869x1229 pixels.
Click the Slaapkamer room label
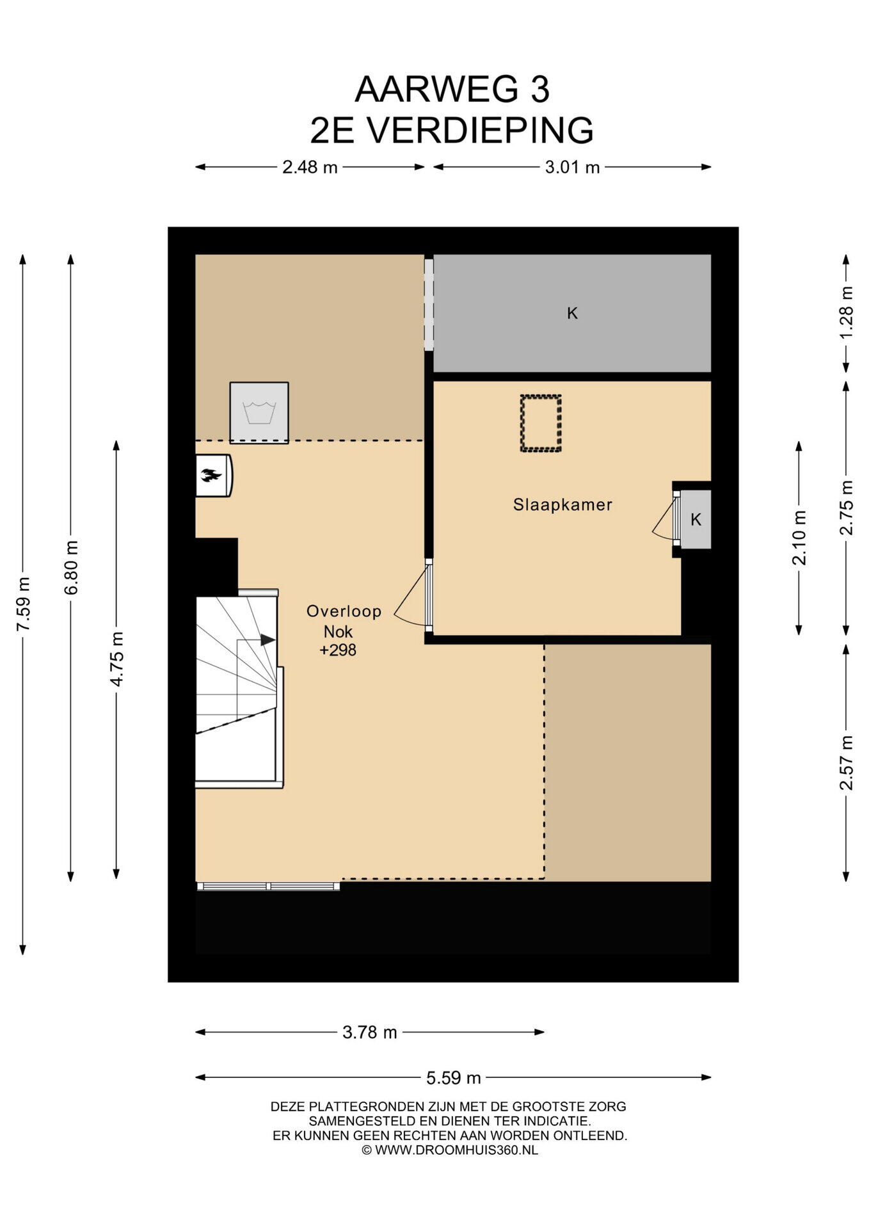coord(562,504)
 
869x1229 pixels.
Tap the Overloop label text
coord(344,611)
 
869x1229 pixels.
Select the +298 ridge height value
coord(338,650)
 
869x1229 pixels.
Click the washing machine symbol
coord(259,412)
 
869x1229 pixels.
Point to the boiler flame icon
coord(211,475)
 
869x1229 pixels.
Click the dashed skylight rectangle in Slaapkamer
coord(541,424)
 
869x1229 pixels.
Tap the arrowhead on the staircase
coord(267,639)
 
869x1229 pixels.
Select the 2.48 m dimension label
coord(310,167)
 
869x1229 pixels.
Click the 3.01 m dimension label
coord(572,167)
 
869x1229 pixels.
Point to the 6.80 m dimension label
coord(71,567)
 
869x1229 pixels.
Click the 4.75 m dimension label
coord(116,659)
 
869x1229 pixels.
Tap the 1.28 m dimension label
coord(846,313)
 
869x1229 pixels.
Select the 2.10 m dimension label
coord(799,538)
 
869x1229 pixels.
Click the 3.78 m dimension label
coord(370,1032)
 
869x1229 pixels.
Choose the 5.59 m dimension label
coord(454,1078)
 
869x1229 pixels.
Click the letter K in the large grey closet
coord(572,313)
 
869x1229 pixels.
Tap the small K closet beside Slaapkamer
coord(696,519)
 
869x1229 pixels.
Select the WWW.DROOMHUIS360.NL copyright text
coord(456,1150)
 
